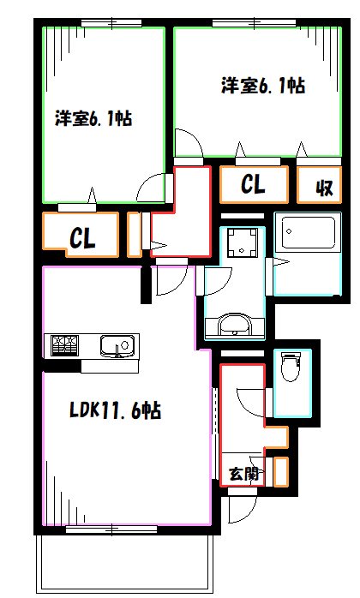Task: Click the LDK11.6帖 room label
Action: (x=115, y=411)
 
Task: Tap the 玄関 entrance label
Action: (x=243, y=473)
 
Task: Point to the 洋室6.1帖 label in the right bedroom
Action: (x=263, y=86)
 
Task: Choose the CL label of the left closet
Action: (x=82, y=239)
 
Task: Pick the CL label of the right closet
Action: (x=252, y=184)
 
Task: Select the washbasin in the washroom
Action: (x=232, y=326)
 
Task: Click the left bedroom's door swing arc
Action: (x=151, y=188)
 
